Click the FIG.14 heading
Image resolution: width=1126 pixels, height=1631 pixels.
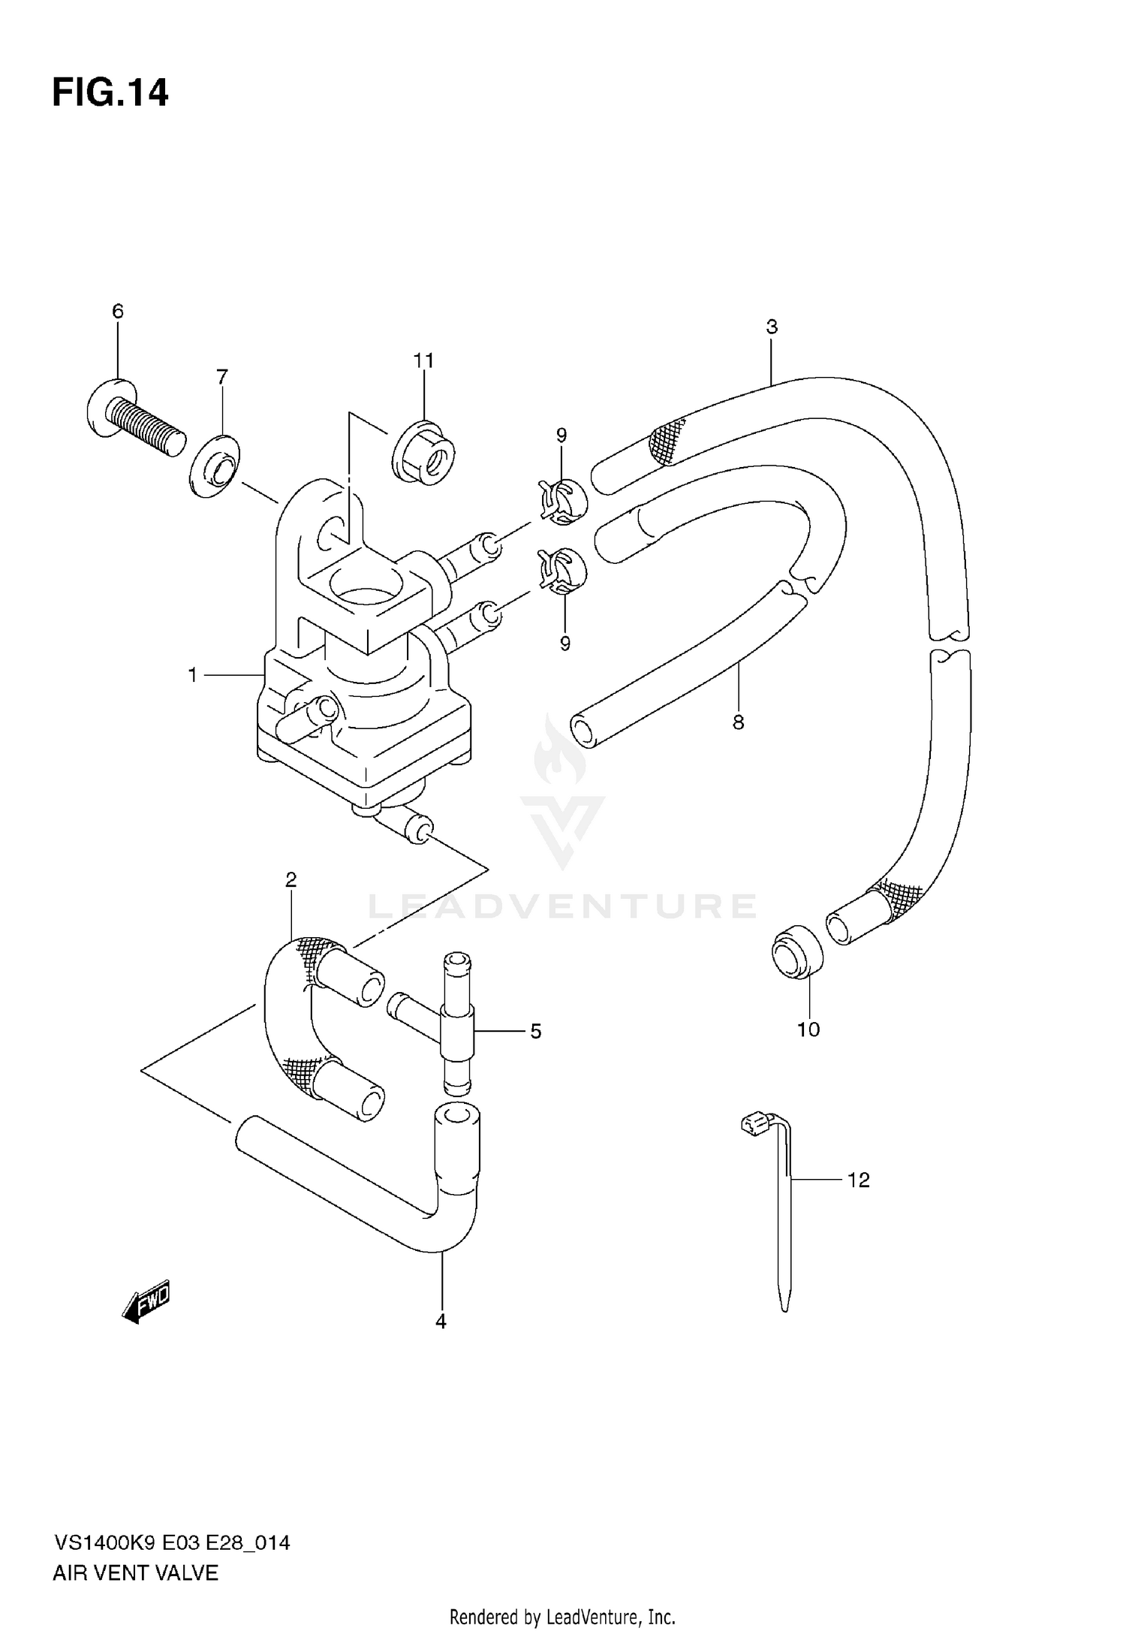pos(110,93)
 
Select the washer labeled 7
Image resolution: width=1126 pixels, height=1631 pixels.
pos(215,466)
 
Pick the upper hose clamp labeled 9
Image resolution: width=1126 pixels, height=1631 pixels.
pos(561,498)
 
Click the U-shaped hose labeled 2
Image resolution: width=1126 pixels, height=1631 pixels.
pos(289,1006)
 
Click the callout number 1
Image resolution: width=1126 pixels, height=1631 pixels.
pos(193,676)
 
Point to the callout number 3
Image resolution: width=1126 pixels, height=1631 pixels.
pos(772,327)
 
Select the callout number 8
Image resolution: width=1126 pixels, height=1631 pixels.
pos(739,722)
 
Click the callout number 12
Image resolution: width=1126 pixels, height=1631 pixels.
pos(858,1180)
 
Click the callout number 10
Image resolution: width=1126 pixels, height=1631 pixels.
pos(808,1029)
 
